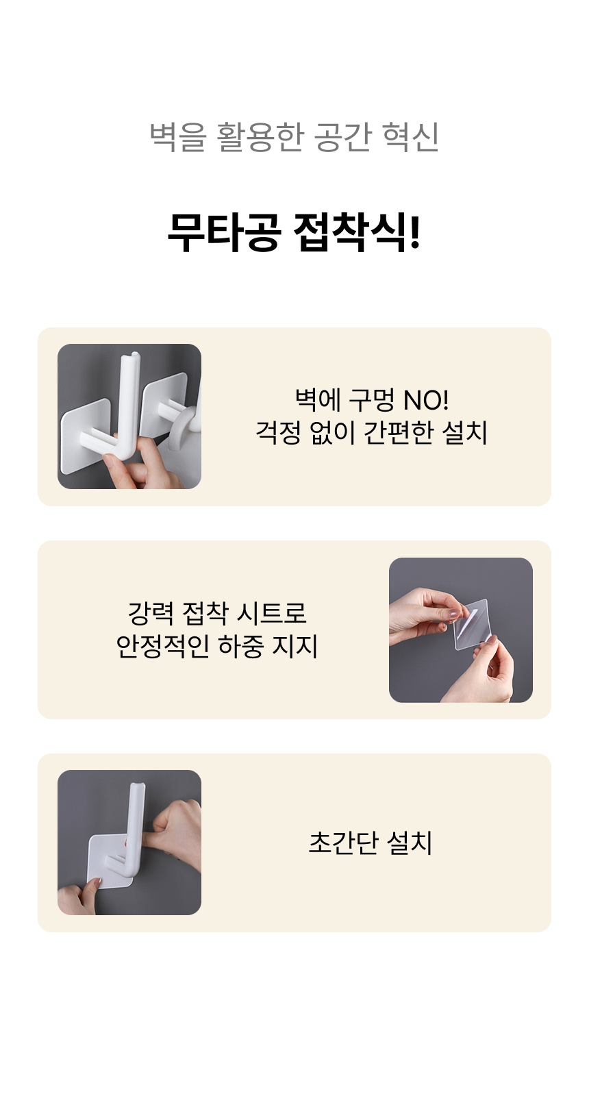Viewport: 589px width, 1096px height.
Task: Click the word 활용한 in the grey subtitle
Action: click(260, 136)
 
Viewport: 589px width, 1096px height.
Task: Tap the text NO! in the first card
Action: click(425, 400)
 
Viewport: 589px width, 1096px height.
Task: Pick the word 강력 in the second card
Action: click(151, 613)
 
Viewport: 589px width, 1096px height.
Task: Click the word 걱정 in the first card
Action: click(278, 433)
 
